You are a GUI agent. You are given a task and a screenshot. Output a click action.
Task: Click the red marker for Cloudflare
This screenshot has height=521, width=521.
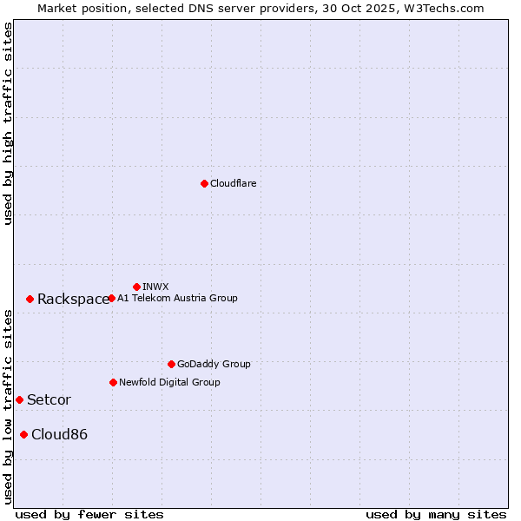(x=204, y=183)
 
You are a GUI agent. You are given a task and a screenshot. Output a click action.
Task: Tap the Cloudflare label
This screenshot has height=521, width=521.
(x=234, y=183)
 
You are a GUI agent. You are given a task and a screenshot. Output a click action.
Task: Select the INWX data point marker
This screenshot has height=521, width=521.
(x=136, y=287)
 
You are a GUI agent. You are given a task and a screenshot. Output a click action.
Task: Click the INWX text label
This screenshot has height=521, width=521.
(x=155, y=287)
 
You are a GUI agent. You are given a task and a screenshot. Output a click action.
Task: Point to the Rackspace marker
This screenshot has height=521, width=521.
(x=30, y=299)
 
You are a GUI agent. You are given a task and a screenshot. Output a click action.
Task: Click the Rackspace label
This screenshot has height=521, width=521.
(x=73, y=300)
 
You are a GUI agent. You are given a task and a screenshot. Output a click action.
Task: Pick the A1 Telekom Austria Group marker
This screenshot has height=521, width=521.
(x=111, y=298)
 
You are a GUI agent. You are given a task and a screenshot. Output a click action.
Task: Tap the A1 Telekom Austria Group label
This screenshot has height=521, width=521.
(x=177, y=298)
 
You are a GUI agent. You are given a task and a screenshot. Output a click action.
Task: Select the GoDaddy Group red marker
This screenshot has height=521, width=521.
(x=171, y=364)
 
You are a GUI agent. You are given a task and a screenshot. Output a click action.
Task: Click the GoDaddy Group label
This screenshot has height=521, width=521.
(x=214, y=364)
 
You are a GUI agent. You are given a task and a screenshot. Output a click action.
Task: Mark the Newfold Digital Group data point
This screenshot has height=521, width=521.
(x=113, y=382)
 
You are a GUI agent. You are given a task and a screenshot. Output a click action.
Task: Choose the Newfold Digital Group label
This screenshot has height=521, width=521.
(x=169, y=382)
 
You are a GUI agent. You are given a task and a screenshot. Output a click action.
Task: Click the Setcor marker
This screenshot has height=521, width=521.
(x=19, y=399)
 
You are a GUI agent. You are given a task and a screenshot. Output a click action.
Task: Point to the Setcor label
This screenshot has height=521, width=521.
(x=49, y=400)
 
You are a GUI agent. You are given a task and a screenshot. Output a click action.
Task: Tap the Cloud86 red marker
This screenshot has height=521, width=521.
(x=23, y=434)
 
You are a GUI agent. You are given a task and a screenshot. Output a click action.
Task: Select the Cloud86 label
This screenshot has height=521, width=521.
(x=59, y=435)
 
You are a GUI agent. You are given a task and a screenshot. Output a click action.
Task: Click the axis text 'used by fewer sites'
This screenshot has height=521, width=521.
(x=89, y=514)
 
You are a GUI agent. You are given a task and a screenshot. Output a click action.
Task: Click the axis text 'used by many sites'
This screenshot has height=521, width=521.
(x=436, y=514)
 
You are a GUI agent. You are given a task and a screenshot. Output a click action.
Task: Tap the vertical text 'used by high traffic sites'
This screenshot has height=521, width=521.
(x=8, y=123)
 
